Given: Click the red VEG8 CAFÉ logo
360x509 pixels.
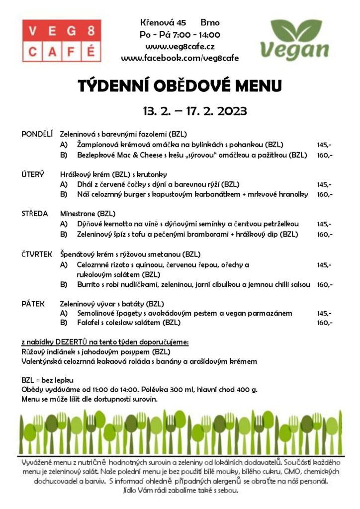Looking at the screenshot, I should click(x=62, y=40).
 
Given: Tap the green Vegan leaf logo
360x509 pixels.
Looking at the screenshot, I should click(x=295, y=40).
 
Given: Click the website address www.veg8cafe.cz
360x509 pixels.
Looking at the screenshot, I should click(x=180, y=46).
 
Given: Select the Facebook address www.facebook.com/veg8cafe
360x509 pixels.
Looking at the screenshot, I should click(x=180, y=58).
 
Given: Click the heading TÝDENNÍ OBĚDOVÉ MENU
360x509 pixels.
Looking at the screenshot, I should click(x=180, y=85).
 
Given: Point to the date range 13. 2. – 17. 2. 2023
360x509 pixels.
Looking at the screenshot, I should click(x=194, y=111).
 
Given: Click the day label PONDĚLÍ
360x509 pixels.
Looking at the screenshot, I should click(x=37, y=134).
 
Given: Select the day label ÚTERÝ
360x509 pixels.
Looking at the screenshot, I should click(x=32, y=174).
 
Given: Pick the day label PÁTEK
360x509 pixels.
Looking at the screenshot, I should click(x=33, y=303).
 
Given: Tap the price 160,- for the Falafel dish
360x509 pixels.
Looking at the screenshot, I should click(x=325, y=323).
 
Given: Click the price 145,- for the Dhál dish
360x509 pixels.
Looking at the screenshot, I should click(x=325, y=184).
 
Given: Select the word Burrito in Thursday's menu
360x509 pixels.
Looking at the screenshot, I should click(x=89, y=285).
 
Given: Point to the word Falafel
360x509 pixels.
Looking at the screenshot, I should click(x=89, y=323).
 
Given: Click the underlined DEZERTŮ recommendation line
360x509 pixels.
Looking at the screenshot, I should click(x=105, y=342).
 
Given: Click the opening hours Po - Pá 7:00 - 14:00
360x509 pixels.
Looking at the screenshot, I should click(x=180, y=35).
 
